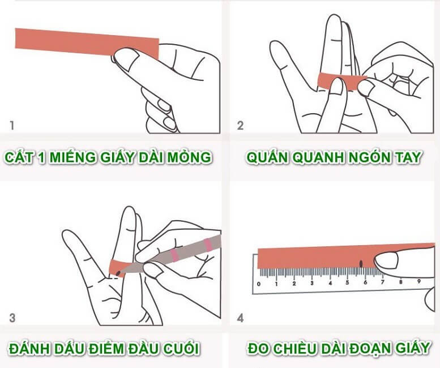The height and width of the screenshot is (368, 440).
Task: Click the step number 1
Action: point(12,125)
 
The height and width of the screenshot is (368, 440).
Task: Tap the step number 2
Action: point(240,125)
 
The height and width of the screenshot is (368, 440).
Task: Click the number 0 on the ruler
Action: point(259,283)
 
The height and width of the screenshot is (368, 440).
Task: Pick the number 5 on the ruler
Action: point(348,283)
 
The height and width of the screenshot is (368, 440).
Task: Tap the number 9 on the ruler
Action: point(419,281)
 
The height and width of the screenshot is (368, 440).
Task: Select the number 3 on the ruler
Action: point(312,283)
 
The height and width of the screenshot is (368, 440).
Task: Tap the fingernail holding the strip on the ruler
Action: point(387,261)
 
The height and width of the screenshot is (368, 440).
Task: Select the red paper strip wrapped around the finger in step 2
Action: point(340,80)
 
